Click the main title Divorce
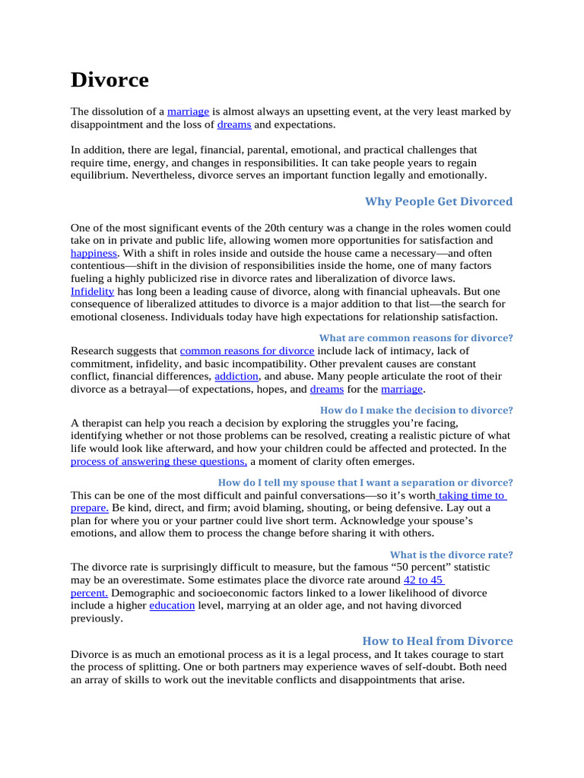(109, 80)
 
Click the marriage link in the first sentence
(188, 112)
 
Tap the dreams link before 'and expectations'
(233, 125)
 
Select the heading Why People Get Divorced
(439, 201)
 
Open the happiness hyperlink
(94, 253)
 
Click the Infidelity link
(92, 291)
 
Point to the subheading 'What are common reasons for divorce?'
(415, 337)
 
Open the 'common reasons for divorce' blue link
(247, 351)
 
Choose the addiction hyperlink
(237, 376)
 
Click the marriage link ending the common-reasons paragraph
(401, 389)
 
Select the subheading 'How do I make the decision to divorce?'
(416, 410)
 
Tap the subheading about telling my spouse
(365, 482)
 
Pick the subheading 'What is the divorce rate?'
(451, 554)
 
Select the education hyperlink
(172, 606)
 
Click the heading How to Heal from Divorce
(437, 640)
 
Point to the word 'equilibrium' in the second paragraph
(99, 175)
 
